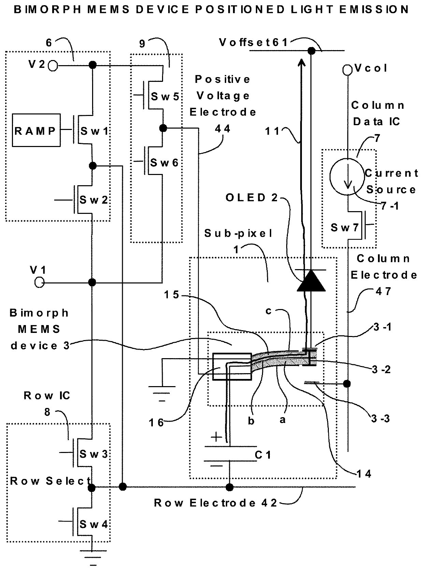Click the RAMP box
(36, 130)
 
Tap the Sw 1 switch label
(94, 131)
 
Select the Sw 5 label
(165, 97)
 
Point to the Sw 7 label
(345, 228)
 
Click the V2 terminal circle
(53, 66)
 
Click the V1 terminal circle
(39, 282)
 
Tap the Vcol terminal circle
(347, 70)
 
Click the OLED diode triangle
(311, 281)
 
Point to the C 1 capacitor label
(263, 455)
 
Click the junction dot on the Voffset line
(311, 51)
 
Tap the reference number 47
(383, 291)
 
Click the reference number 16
(156, 423)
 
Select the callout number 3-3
(380, 419)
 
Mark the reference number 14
(364, 474)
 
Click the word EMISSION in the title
(374, 10)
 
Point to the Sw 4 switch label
(93, 524)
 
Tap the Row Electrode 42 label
(215, 503)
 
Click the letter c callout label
(268, 311)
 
